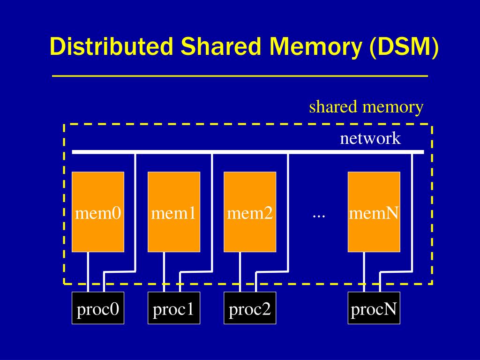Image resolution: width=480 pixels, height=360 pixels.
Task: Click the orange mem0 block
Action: click(98, 212)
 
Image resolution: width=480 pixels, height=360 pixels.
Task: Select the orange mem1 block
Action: click(174, 212)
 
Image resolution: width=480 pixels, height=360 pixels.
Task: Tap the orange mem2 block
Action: click(250, 212)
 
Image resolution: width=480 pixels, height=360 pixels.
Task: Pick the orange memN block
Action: click(374, 212)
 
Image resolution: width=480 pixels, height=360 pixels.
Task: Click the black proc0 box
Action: click(98, 308)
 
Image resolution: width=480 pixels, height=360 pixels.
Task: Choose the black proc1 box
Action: click(174, 308)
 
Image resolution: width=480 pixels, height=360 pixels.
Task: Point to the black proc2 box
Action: click(250, 308)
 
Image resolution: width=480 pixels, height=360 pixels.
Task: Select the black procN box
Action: click(374, 308)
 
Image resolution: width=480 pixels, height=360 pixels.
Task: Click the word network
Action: click(370, 139)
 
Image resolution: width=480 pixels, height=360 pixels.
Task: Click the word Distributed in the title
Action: click(112, 48)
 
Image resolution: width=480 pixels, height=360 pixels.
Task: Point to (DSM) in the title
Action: click(404, 48)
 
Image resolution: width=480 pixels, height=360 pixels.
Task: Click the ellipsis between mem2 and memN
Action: click(319, 215)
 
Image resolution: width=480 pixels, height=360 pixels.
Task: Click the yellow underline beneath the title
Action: click(240, 75)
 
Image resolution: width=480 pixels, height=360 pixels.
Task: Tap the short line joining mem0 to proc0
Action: click(88, 272)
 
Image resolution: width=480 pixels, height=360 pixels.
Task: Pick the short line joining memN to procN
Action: click(364, 272)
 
